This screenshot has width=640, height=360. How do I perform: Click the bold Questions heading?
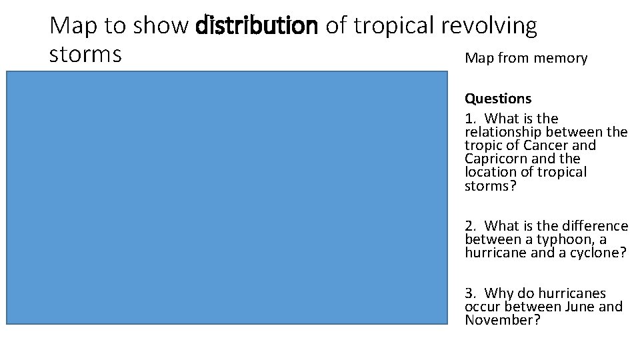pyautogui.click(x=498, y=99)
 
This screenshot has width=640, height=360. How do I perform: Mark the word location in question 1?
pyautogui.click(x=490, y=172)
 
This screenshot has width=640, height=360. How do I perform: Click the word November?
pyautogui.click(x=502, y=320)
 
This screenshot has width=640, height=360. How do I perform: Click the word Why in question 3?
pyautogui.click(x=497, y=293)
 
